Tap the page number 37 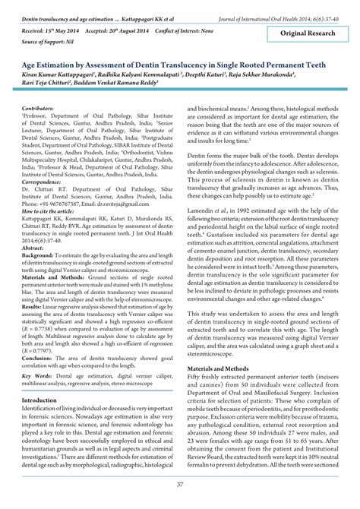179,484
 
